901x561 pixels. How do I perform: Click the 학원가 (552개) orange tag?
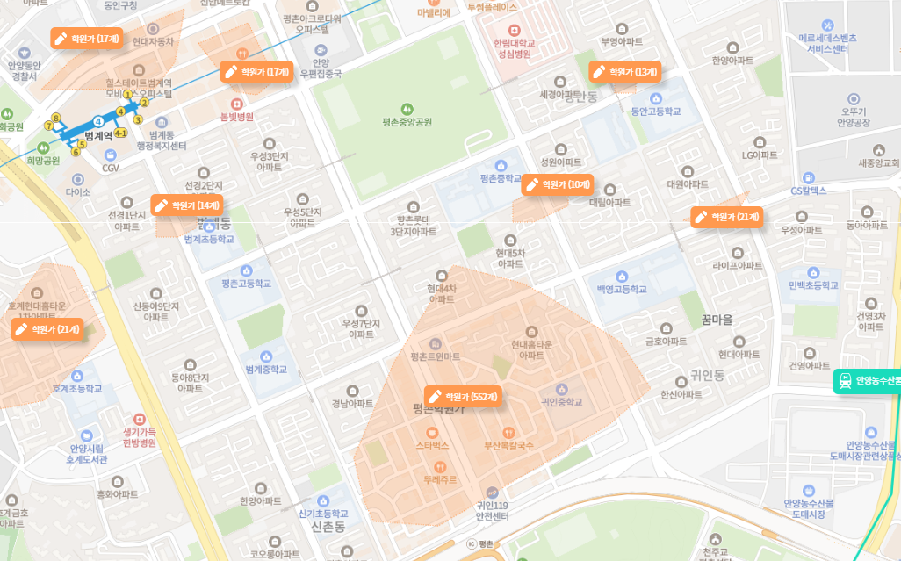pos(463,397)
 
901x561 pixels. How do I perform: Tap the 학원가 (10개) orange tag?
pos(558,184)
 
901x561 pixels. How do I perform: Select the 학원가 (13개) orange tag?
pos(624,72)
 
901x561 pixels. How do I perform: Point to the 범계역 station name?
pos(98,136)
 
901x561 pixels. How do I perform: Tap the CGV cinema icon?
pos(111,155)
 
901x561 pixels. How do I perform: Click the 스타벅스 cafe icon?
pos(432,433)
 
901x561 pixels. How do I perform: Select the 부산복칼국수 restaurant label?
pos(509,446)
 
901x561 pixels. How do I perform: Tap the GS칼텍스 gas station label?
pos(808,191)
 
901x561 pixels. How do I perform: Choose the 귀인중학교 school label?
pos(562,402)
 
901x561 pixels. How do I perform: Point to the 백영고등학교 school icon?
pos(622,277)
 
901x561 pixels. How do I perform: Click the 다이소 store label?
pos(78,191)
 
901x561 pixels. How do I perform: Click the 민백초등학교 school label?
pos(814,285)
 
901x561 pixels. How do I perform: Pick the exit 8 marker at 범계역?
pos(56,118)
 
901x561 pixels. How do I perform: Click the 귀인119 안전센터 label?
pos(493,511)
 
